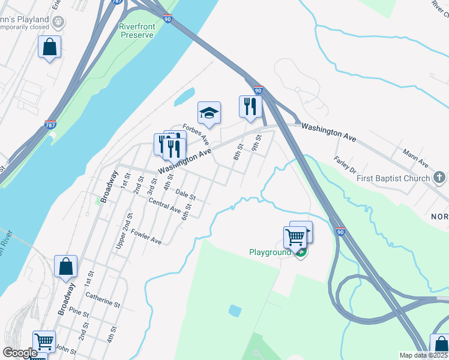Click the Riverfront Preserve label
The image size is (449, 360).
pyautogui.click(x=136, y=31)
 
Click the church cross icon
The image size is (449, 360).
pyautogui.click(x=439, y=178)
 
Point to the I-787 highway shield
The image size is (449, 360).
pyautogui.click(x=50, y=125)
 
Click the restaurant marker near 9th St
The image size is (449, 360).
pyautogui.click(x=250, y=107)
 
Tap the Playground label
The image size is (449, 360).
pyautogui.click(x=270, y=252)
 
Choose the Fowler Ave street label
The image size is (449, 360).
pyautogui.click(x=146, y=237)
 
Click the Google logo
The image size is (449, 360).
pyautogui.click(x=20, y=353)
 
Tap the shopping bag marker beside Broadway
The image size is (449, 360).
pyautogui.click(x=65, y=267)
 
